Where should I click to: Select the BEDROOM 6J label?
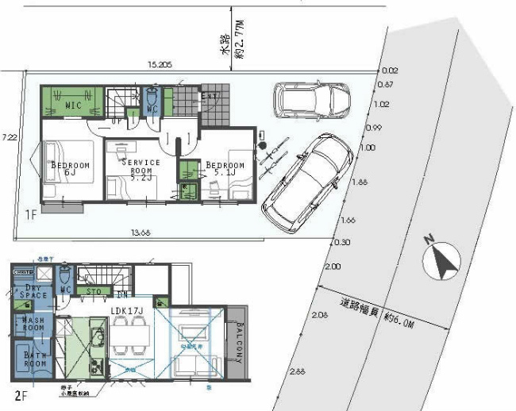(x=71, y=169)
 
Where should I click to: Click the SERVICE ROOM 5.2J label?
(x=140, y=170)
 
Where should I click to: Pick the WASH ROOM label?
(x=32, y=325)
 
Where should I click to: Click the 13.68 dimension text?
(x=139, y=232)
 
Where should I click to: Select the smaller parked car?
(x=311, y=100)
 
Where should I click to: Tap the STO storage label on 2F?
(x=94, y=291)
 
